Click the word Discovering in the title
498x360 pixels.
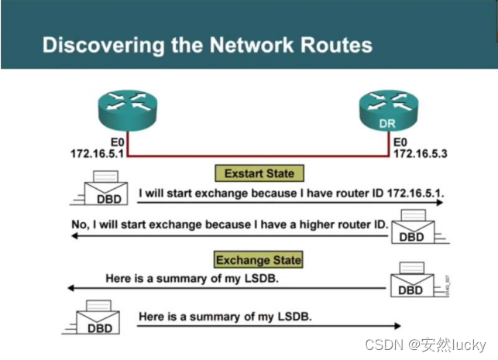[x=92, y=45]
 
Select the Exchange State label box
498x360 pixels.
[x=259, y=259]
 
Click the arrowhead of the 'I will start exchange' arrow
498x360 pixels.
[x=439, y=202]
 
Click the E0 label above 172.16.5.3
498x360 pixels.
[x=400, y=142]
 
